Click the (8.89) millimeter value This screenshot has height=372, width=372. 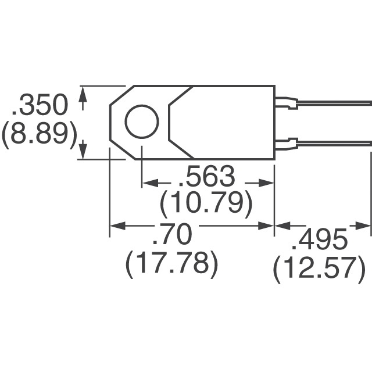[x=39, y=135]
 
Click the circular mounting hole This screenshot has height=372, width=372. [x=141, y=123]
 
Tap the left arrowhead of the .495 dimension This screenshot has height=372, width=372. [x=280, y=226]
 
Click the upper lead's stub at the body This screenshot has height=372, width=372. [x=285, y=103]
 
